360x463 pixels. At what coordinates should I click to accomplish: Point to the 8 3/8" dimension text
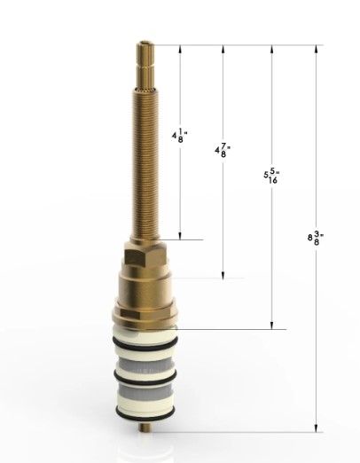[x=315, y=237]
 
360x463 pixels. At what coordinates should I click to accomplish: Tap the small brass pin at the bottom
[x=145, y=430]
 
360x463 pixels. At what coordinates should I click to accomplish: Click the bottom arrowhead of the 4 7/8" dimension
[x=223, y=274]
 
